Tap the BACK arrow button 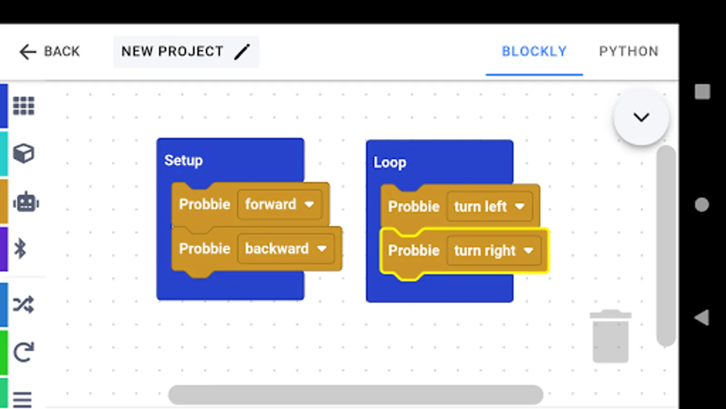28,52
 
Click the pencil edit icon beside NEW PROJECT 242,52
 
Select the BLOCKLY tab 534,51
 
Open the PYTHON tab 629,51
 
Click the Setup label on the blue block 183,160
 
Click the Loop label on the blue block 390,162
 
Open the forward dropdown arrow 309,204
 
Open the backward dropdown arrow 322,249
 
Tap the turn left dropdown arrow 520,206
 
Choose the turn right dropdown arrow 528,250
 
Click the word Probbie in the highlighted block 413,250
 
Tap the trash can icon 611,336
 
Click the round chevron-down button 641,117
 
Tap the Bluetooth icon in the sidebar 20,249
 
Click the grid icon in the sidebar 24,106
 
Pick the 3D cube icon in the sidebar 24,153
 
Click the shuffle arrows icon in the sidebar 23,304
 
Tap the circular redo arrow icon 24,352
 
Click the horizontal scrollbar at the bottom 356,395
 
